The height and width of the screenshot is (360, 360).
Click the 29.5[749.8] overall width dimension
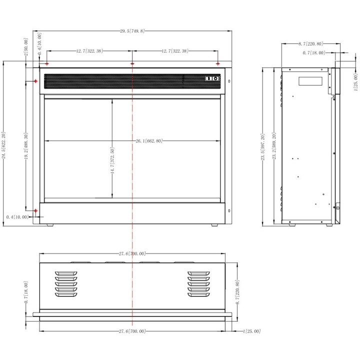(x=132, y=31)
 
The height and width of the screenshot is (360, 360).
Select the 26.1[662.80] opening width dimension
(x=149, y=140)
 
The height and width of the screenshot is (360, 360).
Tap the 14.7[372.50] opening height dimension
(x=112, y=160)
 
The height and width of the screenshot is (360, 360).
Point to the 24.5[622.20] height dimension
(x=3, y=145)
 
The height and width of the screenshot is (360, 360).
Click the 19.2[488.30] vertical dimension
(x=26, y=146)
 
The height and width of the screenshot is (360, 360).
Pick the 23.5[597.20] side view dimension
(x=263, y=147)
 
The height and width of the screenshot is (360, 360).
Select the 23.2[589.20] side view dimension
(x=274, y=146)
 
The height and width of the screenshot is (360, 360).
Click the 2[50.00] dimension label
(x=26, y=47)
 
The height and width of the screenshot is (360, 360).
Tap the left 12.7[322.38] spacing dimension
(x=89, y=50)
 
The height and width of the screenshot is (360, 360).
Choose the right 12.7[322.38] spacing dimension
(x=175, y=50)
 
